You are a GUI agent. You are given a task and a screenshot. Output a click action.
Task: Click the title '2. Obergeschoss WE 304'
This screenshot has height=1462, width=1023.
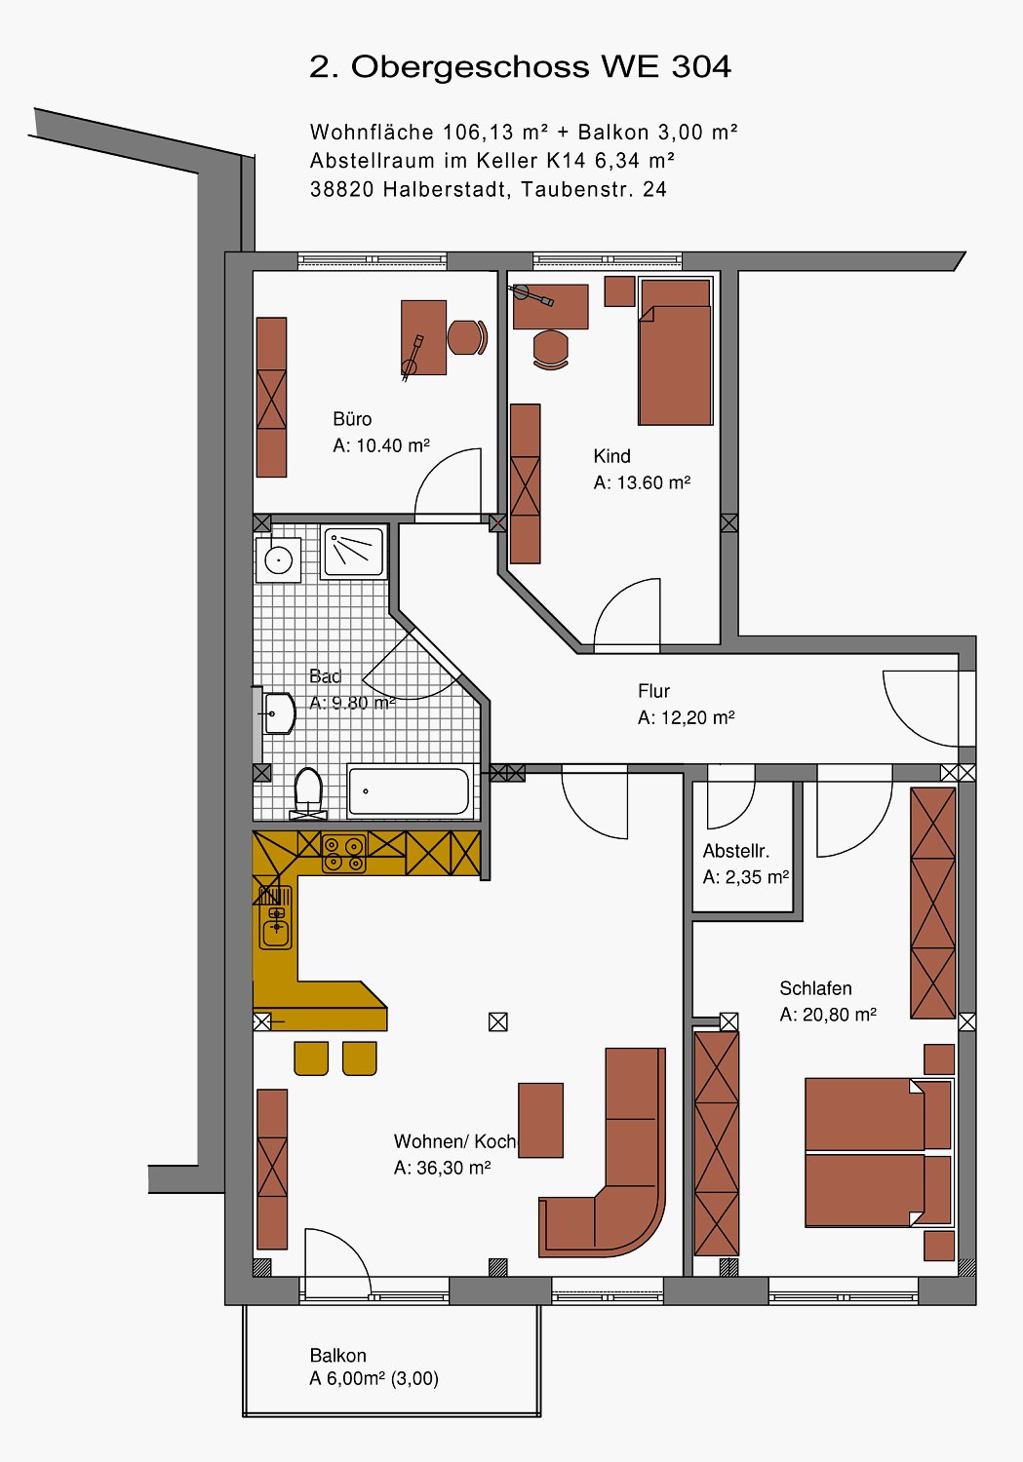[520, 66]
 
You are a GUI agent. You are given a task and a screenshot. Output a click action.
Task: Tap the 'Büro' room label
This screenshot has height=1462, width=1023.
[352, 418]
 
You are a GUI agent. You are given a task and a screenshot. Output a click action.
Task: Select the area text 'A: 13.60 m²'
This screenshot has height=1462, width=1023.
[642, 482]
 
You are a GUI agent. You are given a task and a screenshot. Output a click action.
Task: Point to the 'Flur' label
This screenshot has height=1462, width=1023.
[653, 690]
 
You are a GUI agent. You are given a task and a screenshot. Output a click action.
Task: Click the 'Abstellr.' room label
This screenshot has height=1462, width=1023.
[735, 851]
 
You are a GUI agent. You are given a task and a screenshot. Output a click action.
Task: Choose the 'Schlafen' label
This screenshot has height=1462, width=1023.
[815, 988]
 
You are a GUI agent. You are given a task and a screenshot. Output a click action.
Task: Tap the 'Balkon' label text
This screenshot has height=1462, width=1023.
[337, 1356]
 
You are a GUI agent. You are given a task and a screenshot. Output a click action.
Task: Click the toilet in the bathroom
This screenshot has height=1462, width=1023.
[309, 793]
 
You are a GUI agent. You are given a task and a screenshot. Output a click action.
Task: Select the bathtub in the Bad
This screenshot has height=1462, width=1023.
[410, 791]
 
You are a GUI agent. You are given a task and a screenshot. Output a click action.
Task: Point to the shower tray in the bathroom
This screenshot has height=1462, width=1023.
[353, 552]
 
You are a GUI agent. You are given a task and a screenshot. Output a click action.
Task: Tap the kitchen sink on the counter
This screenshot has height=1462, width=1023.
[276, 918]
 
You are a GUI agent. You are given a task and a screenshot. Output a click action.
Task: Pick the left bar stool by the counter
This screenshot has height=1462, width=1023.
[311, 1058]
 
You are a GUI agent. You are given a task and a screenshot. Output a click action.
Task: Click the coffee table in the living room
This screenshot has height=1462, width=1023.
[540, 1121]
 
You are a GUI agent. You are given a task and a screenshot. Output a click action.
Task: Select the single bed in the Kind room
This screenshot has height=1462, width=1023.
[675, 352]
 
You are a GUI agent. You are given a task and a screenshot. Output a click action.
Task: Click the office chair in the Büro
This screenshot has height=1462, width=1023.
[467, 337]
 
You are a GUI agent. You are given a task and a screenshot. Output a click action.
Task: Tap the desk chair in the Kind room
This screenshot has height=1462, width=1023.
[550, 349]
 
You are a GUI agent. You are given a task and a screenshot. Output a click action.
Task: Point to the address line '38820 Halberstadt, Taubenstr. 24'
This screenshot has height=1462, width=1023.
[489, 189]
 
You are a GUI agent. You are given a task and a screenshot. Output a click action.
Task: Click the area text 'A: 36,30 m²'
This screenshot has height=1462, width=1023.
[442, 1168]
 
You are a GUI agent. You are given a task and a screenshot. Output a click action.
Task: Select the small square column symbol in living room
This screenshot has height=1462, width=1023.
[498, 1021]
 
